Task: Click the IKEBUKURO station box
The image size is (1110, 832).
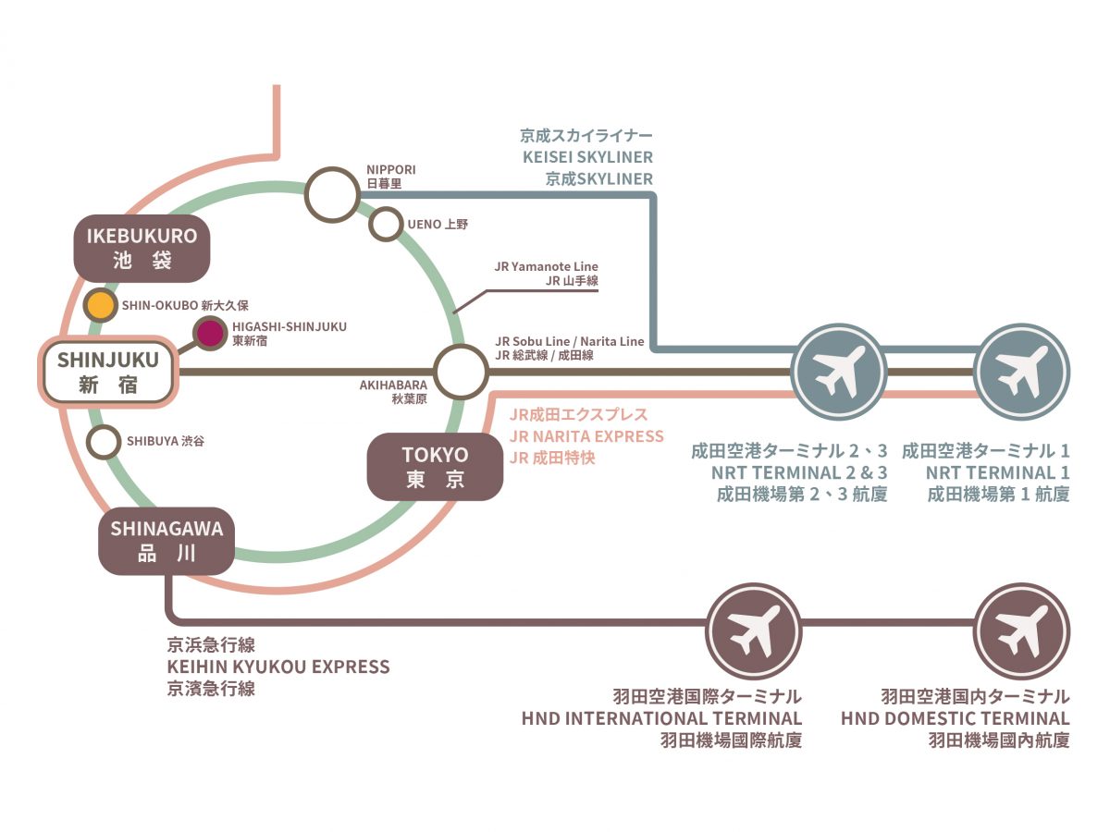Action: point(142,248)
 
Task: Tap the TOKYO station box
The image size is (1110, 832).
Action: point(435,467)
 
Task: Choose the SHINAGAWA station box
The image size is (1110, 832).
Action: point(166,542)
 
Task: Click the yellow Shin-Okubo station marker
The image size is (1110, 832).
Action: point(99,304)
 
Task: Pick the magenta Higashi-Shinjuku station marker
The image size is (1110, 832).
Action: point(210,332)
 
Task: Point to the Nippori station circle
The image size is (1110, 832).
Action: point(332,195)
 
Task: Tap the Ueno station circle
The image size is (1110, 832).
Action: point(385,223)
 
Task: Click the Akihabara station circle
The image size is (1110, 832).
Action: point(461,371)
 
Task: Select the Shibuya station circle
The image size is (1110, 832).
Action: point(103,441)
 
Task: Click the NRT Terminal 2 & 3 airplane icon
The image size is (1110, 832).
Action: point(840,372)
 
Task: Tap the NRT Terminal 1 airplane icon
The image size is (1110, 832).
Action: point(1022,372)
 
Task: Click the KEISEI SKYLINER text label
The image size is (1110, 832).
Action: point(587,157)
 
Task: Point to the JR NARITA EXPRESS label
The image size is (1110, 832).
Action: point(586,435)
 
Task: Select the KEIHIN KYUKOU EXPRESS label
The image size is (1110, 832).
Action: point(277,667)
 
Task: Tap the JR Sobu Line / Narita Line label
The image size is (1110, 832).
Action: point(569,341)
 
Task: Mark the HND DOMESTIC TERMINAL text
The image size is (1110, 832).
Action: point(955,718)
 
